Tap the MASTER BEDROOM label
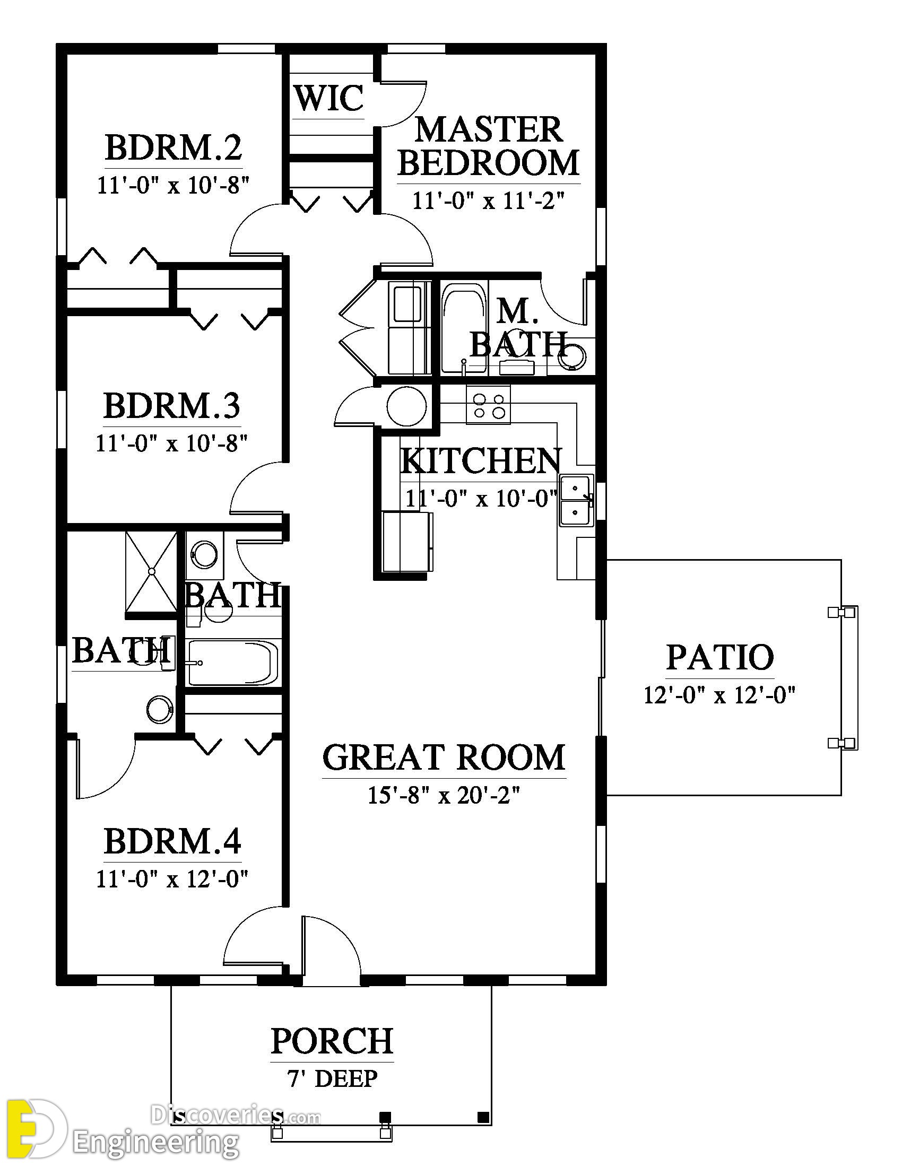click(488, 146)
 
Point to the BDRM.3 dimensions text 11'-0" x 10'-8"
click(172, 443)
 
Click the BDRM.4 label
click(172, 841)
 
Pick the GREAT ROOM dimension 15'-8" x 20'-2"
click(444, 796)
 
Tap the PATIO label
click(720, 657)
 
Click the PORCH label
click(332, 1041)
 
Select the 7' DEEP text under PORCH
click(332, 1078)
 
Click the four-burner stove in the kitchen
click(488, 405)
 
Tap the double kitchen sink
click(576, 501)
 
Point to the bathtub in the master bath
click(464, 328)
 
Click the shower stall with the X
click(151, 572)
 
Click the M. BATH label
click(517, 328)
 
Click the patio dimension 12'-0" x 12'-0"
click(720, 695)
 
